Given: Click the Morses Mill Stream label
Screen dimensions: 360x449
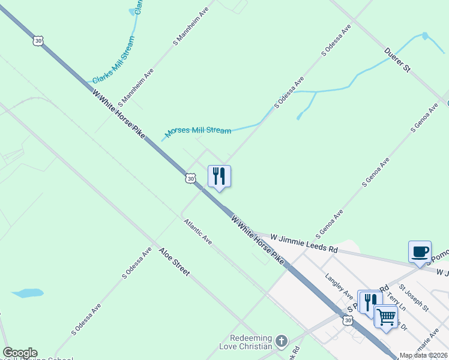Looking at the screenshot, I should (x=198, y=131).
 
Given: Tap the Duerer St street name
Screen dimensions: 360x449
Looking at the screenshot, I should (x=397, y=61).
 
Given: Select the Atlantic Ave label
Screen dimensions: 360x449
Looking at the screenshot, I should (x=198, y=231).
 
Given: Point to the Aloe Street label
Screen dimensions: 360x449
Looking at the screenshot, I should (x=174, y=262).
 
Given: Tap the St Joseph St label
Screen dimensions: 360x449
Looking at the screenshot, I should (x=414, y=298).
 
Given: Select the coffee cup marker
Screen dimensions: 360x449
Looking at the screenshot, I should (x=420, y=251).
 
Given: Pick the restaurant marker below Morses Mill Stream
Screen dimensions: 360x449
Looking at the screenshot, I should (x=219, y=176).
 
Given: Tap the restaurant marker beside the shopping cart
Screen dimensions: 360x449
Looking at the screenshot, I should (x=369, y=301).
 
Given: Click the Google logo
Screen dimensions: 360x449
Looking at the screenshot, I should (x=20, y=353).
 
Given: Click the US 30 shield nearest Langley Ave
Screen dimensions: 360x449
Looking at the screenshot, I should (x=348, y=321).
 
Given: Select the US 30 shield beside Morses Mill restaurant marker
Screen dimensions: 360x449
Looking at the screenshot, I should (x=190, y=178).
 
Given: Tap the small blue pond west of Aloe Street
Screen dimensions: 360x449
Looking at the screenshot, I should (x=27, y=293).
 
